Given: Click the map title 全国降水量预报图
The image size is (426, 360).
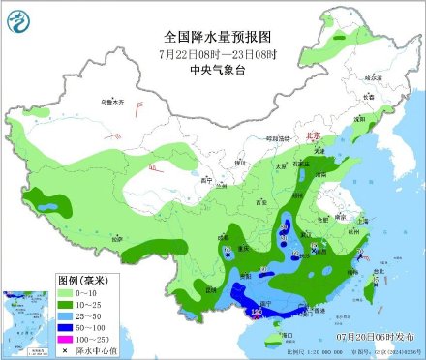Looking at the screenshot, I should [212, 35].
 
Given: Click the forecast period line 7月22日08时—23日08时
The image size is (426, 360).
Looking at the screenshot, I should [212, 53].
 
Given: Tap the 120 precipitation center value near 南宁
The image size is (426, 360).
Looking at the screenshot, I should [257, 313].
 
